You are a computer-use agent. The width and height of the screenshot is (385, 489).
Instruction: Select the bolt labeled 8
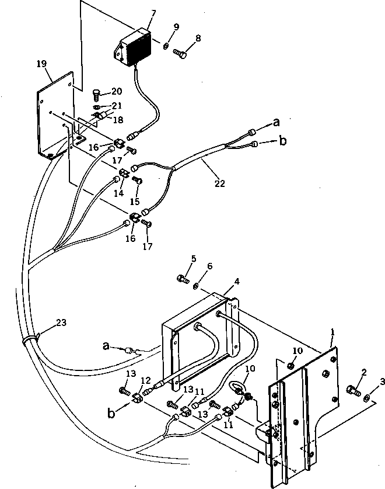click(x=180, y=54)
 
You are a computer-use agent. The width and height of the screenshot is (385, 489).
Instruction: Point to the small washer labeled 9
click(x=166, y=46)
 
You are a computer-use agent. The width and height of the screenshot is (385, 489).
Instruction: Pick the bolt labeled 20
click(x=97, y=93)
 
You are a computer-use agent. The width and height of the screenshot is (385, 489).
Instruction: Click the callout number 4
click(x=237, y=282)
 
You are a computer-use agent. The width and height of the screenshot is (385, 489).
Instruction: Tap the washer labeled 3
click(x=366, y=398)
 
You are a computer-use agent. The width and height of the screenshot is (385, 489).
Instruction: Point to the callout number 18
click(x=118, y=120)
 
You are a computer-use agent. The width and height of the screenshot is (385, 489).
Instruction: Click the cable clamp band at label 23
click(x=29, y=339)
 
